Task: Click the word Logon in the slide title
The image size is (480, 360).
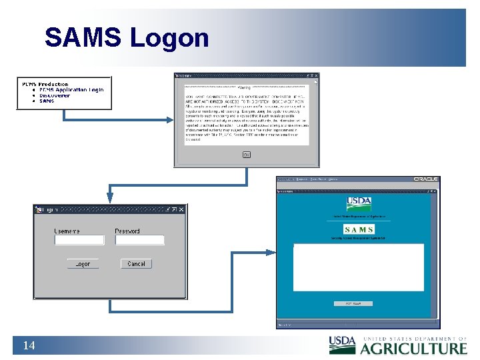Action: click(x=169, y=38)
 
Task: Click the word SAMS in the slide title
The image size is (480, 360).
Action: click(x=83, y=38)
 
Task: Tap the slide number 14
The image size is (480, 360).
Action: click(x=29, y=345)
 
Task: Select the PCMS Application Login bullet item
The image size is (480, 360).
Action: click(x=71, y=89)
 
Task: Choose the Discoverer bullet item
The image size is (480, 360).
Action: click(x=54, y=95)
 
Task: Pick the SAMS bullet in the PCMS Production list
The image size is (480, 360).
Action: click(x=47, y=101)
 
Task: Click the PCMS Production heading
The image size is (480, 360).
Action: click(x=45, y=84)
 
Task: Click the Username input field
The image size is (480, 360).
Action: click(x=79, y=240)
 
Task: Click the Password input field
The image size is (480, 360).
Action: click(x=139, y=240)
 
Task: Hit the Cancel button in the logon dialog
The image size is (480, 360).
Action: click(x=136, y=264)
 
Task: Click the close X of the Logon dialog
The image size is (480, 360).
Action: click(x=181, y=209)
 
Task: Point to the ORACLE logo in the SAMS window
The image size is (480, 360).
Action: click(x=425, y=179)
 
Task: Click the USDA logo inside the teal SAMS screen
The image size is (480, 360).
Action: click(x=359, y=203)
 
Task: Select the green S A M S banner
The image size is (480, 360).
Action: click(x=359, y=230)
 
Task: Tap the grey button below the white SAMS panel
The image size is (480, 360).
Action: click(x=357, y=303)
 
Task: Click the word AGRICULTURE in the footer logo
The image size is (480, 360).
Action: click(x=413, y=348)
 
